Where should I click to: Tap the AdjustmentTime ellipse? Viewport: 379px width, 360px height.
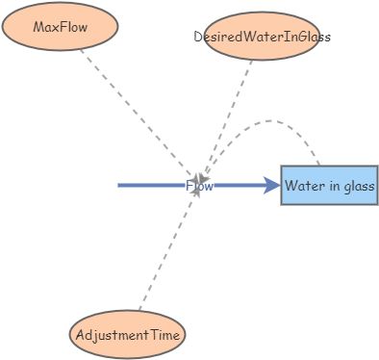[127, 335]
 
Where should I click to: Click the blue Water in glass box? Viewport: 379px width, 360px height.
[329, 185]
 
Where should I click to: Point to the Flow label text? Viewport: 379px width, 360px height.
[199, 186]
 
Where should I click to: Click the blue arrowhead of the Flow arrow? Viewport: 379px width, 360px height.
[271, 185]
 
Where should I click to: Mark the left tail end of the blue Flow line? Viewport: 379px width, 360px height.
[119, 185]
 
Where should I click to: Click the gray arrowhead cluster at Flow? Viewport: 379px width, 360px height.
[198, 181]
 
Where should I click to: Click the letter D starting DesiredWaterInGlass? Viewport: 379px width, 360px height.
[198, 37]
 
